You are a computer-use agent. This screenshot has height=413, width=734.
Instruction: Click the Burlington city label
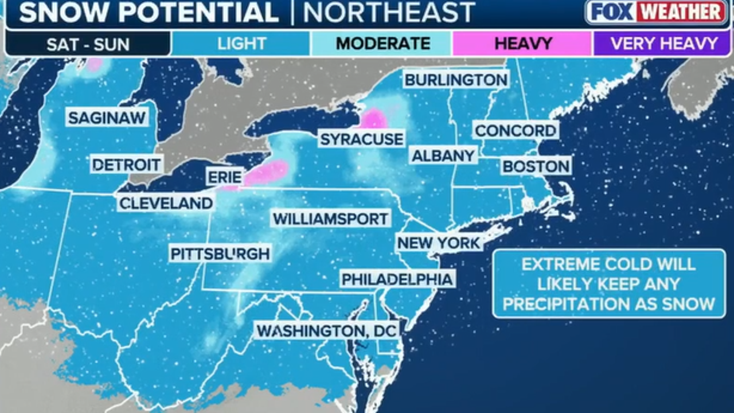tap(456, 80)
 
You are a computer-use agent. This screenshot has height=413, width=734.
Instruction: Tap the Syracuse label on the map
tap(361, 139)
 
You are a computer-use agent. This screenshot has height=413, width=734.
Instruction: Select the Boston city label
tap(536, 166)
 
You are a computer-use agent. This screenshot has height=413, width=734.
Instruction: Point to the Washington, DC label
tap(327, 330)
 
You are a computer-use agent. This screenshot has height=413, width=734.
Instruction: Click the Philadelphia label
tap(397, 279)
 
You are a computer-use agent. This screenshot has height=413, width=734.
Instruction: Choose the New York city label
tap(439, 243)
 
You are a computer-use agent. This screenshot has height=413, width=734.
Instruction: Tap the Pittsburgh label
tap(220, 254)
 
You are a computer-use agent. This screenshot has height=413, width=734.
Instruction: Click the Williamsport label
tap(331, 219)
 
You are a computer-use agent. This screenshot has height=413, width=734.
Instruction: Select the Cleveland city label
tap(166, 202)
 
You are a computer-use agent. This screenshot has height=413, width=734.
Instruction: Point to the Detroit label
tap(127, 165)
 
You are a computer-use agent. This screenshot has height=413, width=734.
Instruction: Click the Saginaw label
tap(107, 118)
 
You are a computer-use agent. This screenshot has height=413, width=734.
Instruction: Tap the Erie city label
tap(224, 177)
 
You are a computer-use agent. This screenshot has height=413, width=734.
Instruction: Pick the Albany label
tap(443, 155)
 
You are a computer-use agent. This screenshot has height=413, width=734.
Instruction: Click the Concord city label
tap(515, 130)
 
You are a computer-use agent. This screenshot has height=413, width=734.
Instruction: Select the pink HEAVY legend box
tap(522, 44)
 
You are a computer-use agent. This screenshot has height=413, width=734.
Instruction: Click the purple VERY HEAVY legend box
tap(663, 44)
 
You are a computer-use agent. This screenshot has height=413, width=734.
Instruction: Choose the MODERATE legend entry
tap(382, 44)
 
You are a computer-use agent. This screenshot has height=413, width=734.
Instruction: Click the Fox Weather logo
tap(655, 12)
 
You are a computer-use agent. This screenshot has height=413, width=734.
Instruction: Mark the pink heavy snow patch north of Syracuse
tap(373, 118)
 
